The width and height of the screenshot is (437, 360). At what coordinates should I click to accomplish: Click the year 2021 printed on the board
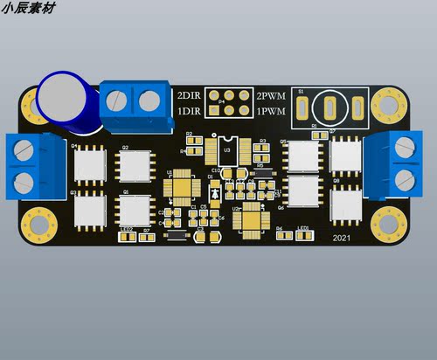(343, 237)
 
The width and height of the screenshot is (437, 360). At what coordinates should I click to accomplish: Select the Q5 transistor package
(303, 156)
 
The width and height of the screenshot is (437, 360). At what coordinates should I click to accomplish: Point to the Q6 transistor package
(303, 190)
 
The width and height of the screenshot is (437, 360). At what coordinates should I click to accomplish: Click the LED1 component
(302, 234)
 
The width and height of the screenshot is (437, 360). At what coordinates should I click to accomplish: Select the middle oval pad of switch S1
(330, 108)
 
